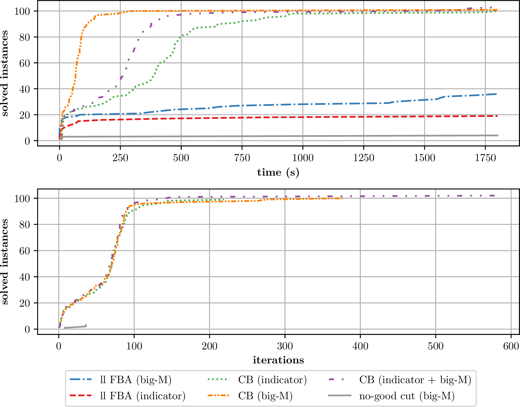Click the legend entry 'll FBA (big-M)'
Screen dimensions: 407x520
136,380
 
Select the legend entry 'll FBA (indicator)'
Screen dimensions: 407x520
143,396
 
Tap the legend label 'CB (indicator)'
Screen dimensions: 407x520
272,380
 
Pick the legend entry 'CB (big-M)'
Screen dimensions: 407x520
265,396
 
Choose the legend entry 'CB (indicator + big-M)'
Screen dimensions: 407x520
415,380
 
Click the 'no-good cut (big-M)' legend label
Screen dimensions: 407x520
407,396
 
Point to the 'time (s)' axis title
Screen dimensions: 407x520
278,173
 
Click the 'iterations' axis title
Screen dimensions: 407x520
278,360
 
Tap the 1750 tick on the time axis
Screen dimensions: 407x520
485,158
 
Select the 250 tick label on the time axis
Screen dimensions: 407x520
120,158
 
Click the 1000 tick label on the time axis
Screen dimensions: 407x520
303,158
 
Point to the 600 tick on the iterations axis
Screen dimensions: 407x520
511,346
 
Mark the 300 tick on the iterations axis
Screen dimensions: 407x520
285,346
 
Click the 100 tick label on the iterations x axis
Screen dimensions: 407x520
134,346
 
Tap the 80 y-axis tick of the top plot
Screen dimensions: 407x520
25,37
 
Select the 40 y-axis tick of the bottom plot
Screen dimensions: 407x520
25,277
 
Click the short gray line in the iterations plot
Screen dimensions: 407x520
75,327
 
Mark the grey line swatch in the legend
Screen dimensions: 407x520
340,396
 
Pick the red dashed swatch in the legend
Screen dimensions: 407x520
81,396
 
